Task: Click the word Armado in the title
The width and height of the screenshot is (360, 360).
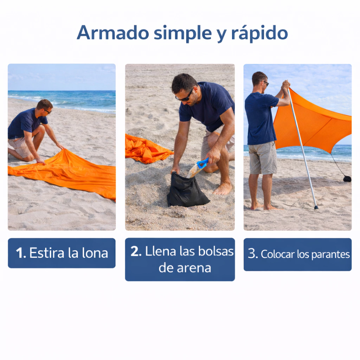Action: click(x=113, y=33)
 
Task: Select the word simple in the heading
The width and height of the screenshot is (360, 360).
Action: click(x=182, y=33)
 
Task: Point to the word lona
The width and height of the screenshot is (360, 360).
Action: click(x=95, y=252)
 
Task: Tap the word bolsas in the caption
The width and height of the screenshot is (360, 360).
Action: click(x=216, y=251)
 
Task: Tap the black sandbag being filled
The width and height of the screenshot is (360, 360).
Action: click(x=187, y=190)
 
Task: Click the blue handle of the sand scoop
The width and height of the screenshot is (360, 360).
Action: click(x=203, y=163)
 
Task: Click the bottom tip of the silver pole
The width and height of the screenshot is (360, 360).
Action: click(x=316, y=208)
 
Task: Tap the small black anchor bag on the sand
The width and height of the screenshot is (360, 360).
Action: click(x=347, y=179)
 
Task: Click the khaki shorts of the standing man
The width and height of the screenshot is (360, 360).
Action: click(x=263, y=158)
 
